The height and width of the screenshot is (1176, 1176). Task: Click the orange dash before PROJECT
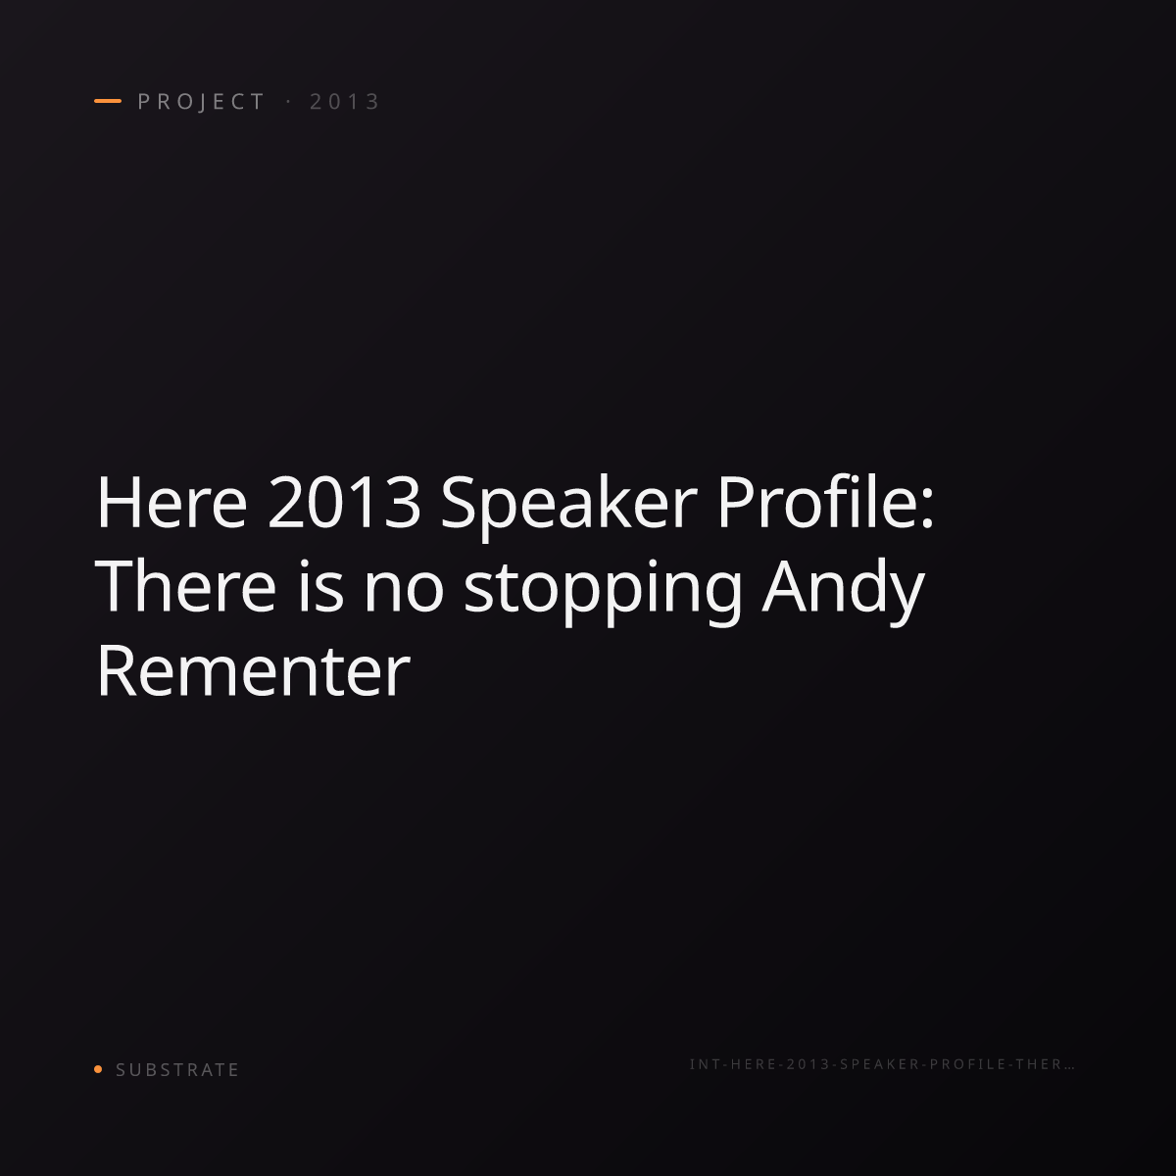(108, 101)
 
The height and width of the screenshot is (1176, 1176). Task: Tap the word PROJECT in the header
(202, 102)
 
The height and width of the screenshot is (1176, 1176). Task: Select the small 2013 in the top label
(345, 102)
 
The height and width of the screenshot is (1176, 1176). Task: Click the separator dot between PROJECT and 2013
(288, 102)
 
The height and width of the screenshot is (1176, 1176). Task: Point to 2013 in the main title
(344, 503)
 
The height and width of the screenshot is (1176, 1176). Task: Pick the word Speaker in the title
(568, 507)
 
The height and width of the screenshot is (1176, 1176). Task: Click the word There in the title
(185, 586)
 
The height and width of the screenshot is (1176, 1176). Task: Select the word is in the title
(320, 586)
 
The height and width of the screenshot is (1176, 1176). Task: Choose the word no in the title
(404, 591)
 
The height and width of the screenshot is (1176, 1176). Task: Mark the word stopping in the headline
(603, 591)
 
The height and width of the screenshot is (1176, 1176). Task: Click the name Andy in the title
(844, 591)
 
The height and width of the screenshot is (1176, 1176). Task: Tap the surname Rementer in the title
(253, 670)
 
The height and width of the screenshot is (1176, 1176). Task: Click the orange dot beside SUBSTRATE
(98, 1069)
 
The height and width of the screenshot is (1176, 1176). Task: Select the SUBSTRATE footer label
(177, 1070)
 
